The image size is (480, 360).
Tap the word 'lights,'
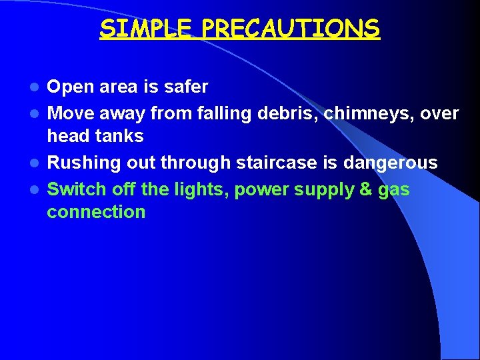tap(198, 190)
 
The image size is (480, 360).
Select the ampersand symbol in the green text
tap(365, 189)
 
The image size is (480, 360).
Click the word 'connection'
tap(96, 212)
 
